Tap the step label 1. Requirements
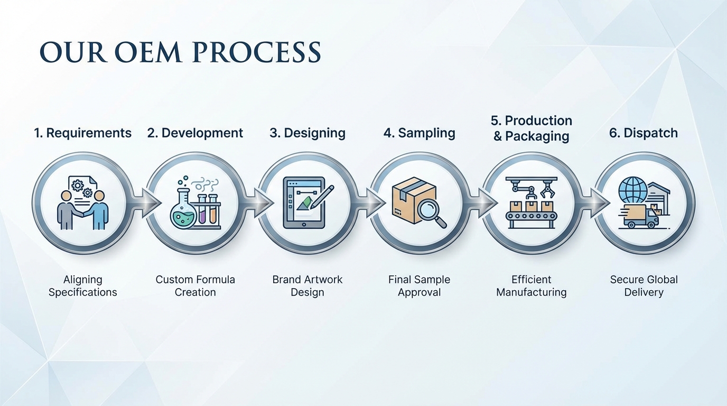tap(82, 133)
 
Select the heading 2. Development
tap(195, 133)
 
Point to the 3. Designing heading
tap(307, 133)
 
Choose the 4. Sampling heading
tap(420, 133)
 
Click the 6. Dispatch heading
tap(644, 133)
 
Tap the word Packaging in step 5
tap(537, 136)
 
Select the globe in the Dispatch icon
tap(632, 189)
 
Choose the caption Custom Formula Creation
tap(195, 285)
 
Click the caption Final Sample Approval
tap(420, 285)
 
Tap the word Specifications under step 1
tap(82, 292)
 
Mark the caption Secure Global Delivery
tap(644, 285)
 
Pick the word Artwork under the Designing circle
tap(323, 279)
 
